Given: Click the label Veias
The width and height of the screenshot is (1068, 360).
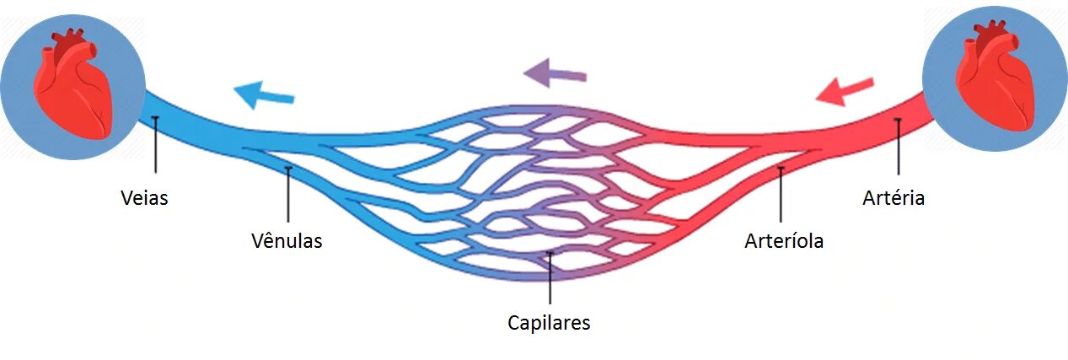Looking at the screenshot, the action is [144, 198].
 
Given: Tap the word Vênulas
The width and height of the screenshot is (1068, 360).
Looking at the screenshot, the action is [287, 241].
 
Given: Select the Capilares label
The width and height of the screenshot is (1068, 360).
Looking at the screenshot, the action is [549, 322].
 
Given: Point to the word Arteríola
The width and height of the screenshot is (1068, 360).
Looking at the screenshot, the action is [784, 241].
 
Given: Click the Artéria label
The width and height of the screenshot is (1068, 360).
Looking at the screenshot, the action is [894, 198].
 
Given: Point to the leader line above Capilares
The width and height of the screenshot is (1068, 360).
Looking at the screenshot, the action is [550, 278].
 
